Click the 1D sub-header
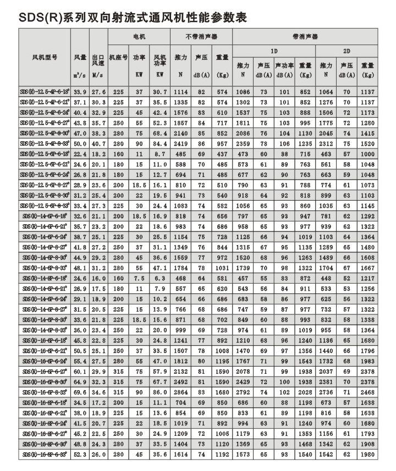274,51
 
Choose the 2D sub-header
346,51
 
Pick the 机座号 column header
118,57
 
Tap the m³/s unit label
80,75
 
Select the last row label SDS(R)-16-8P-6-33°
45,455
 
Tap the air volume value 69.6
80,393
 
